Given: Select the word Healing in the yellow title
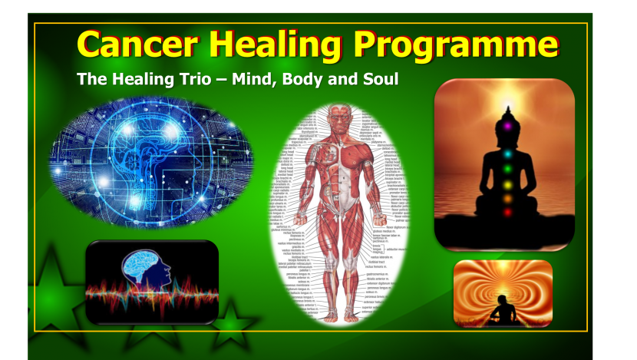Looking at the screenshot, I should coord(276,45).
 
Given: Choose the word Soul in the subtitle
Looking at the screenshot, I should coord(380,79).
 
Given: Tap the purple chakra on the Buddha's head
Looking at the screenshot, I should coord(506,121).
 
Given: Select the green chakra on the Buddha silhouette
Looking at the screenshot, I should coord(507,167).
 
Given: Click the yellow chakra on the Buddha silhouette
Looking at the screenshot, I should coord(507,183).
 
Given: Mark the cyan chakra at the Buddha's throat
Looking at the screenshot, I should coord(507,153).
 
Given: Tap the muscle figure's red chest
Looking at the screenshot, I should coord(338,154).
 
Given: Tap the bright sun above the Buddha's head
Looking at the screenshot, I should coord(506,104).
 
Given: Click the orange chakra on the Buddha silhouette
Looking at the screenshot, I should coord(507,199).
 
